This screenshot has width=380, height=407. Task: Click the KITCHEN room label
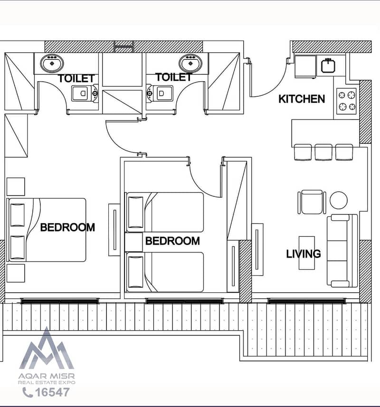[302, 99]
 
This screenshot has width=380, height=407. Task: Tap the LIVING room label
[304, 254]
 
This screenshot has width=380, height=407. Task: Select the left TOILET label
[76, 78]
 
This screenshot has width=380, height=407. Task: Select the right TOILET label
[174, 77]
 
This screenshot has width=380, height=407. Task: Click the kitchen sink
[328, 65]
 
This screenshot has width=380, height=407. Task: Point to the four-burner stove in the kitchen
[347, 101]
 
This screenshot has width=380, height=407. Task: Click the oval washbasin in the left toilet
[52, 63]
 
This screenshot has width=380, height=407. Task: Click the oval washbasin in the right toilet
[190, 63]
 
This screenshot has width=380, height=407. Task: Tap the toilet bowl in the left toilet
[85, 93]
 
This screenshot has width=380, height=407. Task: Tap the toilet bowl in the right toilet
[160, 93]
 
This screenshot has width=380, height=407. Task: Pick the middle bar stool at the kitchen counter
[323, 152]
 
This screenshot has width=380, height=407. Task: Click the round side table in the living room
[339, 200]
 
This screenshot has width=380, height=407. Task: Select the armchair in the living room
[312, 202]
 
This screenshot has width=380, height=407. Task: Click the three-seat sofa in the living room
[342, 251]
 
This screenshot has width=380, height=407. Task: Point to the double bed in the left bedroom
[46, 230]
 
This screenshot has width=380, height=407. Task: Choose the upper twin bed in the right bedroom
[164, 212]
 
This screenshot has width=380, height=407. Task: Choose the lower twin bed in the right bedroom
[164, 272]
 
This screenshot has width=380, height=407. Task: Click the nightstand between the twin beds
[133, 242]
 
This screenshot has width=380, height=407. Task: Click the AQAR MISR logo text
[47, 376]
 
